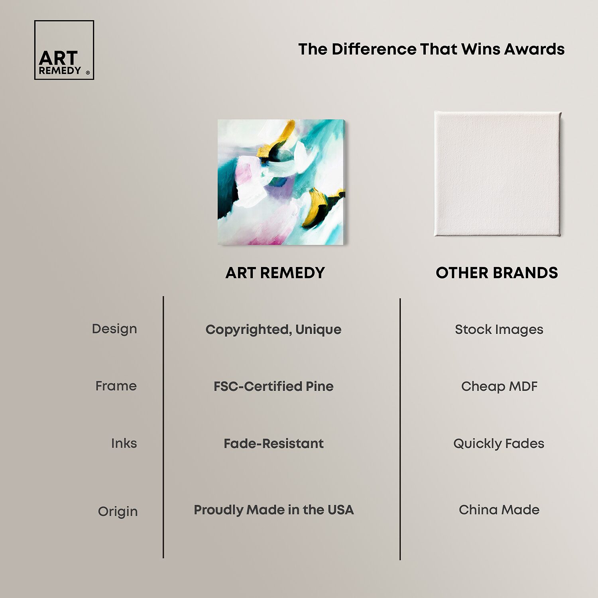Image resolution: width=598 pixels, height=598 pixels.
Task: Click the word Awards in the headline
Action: coord(534,49)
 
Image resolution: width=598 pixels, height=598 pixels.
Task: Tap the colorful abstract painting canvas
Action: coord(281,182)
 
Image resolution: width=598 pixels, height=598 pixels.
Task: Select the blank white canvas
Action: coord(498,174)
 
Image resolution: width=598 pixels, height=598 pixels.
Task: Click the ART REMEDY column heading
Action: coord(275,273)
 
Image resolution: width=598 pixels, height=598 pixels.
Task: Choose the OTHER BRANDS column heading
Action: coord(497,273)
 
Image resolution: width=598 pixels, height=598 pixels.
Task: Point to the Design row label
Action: coord(114,329)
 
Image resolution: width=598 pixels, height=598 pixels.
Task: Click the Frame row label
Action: coord(116,386)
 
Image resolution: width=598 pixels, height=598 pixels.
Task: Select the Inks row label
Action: coord(124,443)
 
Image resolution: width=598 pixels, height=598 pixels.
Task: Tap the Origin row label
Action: coord(118,511)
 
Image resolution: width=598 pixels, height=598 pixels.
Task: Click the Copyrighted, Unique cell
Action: coord(273,330)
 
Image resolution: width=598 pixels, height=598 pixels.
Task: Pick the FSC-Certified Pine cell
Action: coord(273,386)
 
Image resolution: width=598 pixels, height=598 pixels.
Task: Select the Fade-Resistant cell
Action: coord(273,443)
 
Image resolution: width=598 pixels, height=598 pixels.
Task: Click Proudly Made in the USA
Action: coord(273,509)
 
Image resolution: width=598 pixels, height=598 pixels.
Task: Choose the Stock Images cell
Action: coord(499,330)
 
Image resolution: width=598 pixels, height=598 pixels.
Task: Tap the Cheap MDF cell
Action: coord(499,386)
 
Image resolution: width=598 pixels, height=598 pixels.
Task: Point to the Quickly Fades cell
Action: coord(499,444)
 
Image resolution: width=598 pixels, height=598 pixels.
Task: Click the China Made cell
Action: coord(499,509)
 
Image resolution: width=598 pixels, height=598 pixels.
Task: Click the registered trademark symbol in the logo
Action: coord(88,73)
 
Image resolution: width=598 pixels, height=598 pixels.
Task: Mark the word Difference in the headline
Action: coord(373,49)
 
